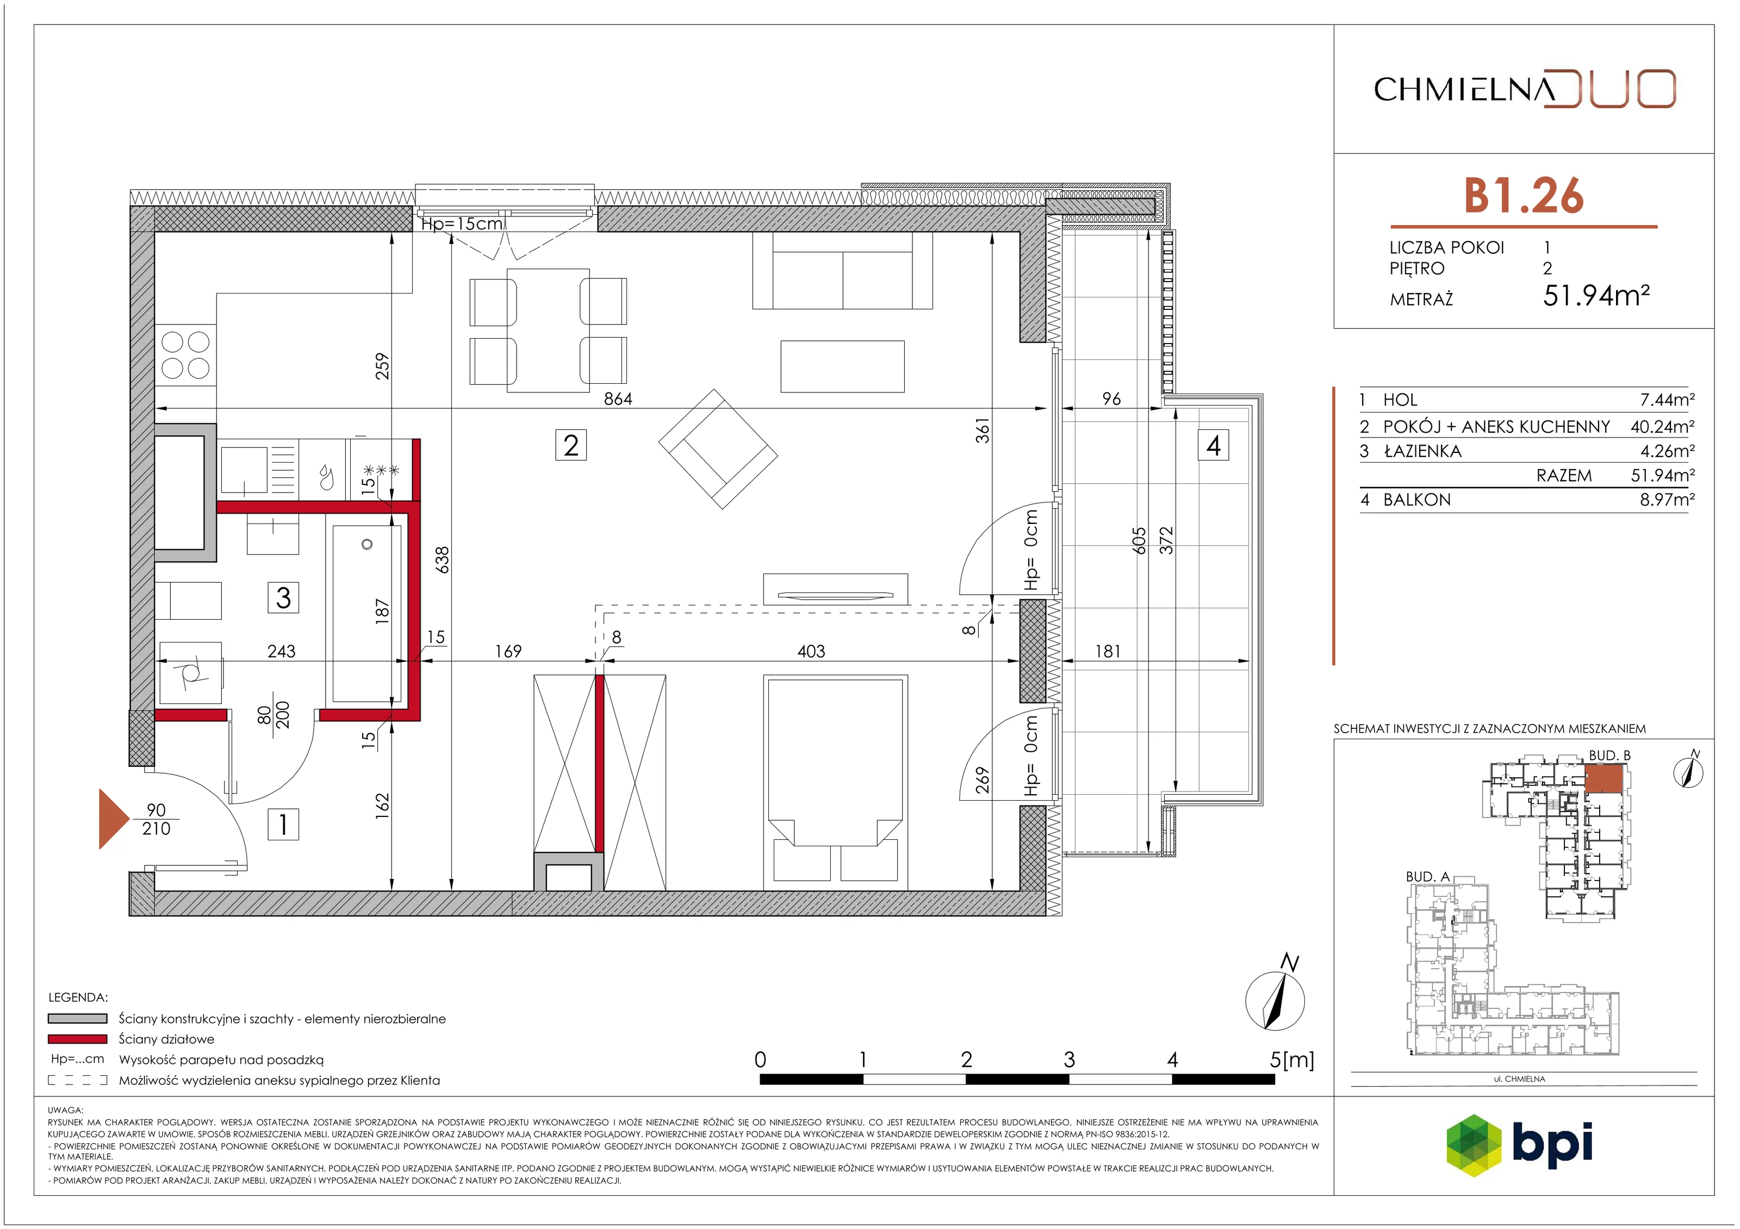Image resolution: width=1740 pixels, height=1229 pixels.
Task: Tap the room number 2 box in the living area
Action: point(570,445)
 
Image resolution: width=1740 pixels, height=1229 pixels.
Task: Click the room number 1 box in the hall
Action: point(283,825)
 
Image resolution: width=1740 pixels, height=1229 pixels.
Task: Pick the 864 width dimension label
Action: point(618,398)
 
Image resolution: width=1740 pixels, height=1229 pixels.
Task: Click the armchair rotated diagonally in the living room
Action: point(718,450)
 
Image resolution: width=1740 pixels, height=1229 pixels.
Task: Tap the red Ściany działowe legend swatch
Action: point(77,1039)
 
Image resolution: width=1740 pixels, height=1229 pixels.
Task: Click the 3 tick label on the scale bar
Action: point(1068,1059)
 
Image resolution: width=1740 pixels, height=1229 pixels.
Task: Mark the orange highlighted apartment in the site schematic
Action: point(1604,778)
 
